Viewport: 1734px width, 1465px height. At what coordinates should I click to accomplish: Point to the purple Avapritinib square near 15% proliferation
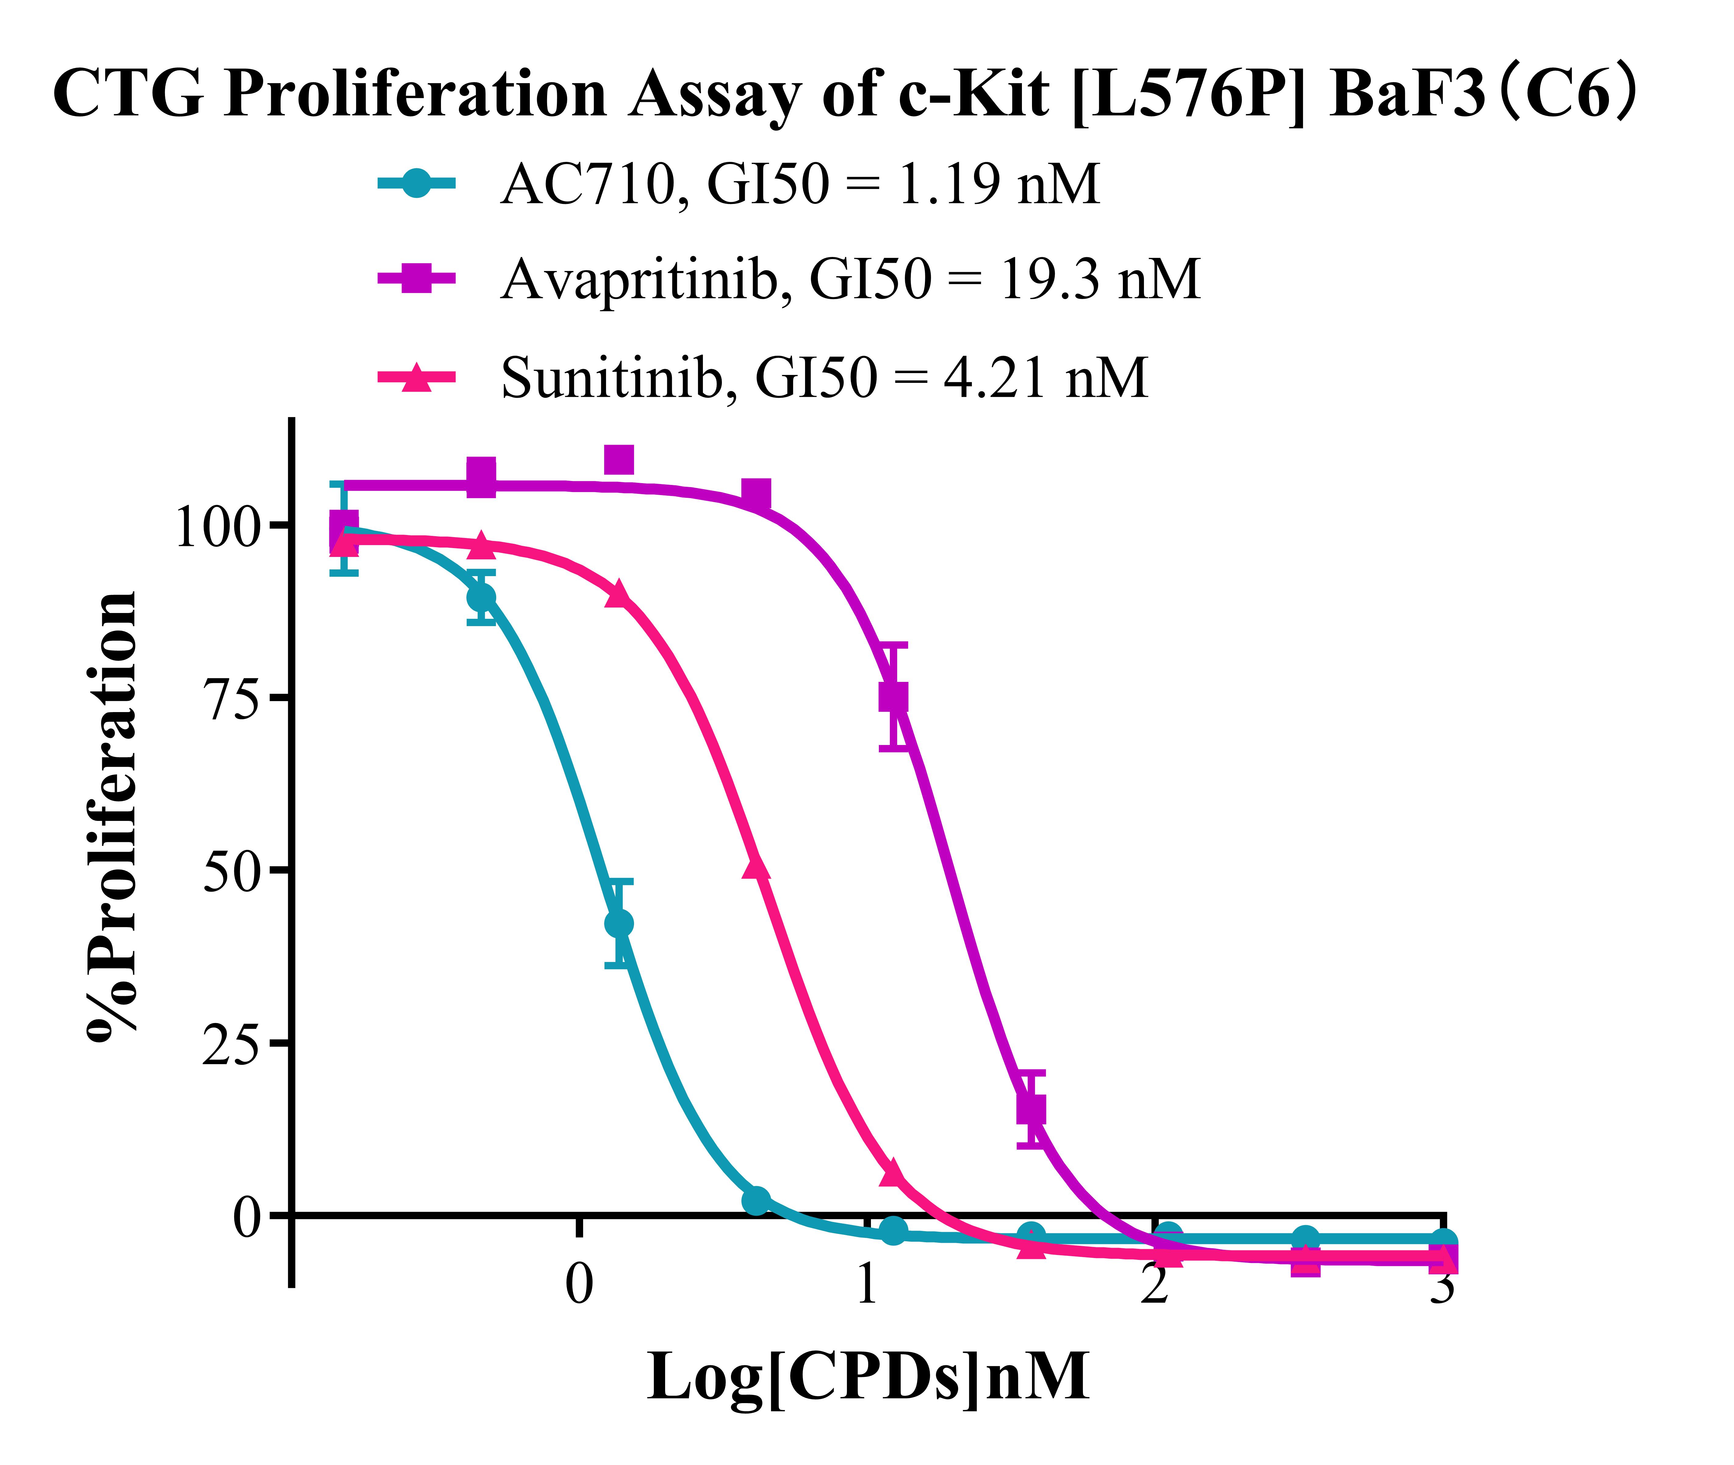[1031, 1109]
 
